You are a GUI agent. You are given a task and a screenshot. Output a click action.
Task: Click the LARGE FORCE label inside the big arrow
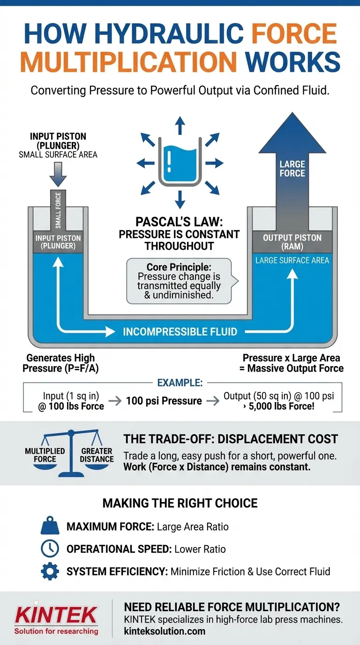[292, 169]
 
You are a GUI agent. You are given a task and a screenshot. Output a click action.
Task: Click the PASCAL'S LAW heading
[179, 221]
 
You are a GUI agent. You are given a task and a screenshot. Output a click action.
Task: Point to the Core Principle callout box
[179, 280]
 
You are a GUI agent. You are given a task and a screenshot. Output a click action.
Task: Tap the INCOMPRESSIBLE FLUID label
[180, 332]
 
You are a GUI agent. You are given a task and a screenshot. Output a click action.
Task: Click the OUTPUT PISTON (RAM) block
[292, 242]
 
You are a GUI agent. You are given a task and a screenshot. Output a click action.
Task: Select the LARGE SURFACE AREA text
[292, 260]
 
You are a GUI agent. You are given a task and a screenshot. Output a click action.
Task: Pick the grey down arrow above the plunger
[58, 175]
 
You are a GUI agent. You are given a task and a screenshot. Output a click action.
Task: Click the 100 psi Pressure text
[164, 401]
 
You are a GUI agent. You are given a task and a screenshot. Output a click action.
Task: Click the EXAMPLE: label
[180, 383]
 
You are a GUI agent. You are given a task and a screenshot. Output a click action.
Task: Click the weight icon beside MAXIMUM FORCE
[50, 526]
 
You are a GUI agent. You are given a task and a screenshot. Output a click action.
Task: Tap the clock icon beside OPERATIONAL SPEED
[50, 549]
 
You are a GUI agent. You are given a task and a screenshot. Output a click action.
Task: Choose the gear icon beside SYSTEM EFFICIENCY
[50, 571]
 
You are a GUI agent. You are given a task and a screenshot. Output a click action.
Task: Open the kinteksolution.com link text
[165, 631]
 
